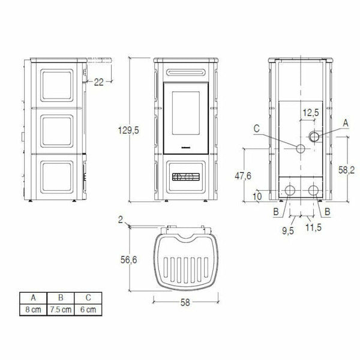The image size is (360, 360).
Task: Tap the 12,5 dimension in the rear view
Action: [x=310, y=112]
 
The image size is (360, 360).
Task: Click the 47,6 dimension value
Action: [x=242, y=175]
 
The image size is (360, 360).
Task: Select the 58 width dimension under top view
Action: [x=184, y=303]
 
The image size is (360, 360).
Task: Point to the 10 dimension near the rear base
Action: [x=257, y=196]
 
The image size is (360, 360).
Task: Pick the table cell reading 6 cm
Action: [x=88, y=310]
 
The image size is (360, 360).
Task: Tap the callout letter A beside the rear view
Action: [x=345, y=122]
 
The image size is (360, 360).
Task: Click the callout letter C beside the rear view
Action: [x=256, y=128]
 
